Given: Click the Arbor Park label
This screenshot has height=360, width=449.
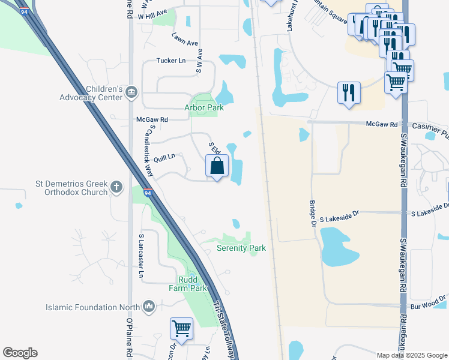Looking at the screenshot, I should coord(203,108).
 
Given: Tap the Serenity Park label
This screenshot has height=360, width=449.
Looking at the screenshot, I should coord(241,248).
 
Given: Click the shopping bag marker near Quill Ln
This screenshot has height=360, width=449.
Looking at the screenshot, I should coord(217,166).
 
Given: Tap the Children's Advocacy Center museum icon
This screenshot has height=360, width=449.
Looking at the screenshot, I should coord(131,92).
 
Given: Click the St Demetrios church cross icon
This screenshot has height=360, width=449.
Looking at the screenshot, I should coord(116,188).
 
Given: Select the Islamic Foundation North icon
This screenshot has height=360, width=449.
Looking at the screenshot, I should coord(149,308).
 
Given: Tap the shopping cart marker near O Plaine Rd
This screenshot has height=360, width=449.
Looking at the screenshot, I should coord(181,328).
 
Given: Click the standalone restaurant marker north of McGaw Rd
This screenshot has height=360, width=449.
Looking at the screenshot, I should coord(349,93).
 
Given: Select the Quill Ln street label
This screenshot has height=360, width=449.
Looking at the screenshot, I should coord(164,157).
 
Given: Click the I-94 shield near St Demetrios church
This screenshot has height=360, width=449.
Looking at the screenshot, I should coord(148,193).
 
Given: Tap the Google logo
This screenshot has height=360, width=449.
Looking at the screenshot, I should coord(20,353).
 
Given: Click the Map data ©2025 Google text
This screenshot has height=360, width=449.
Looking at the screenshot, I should coord(411,355).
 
